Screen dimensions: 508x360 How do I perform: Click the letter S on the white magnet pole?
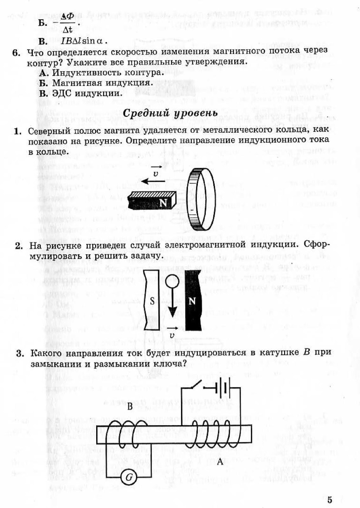point(152,301)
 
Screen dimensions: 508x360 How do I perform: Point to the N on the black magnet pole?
point(192,301)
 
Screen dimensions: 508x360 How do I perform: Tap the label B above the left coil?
point(130,407)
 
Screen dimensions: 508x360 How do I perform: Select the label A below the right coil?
point(220,462)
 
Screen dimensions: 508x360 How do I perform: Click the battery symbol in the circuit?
point(224,388)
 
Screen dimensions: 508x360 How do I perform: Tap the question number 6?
point(16,52)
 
